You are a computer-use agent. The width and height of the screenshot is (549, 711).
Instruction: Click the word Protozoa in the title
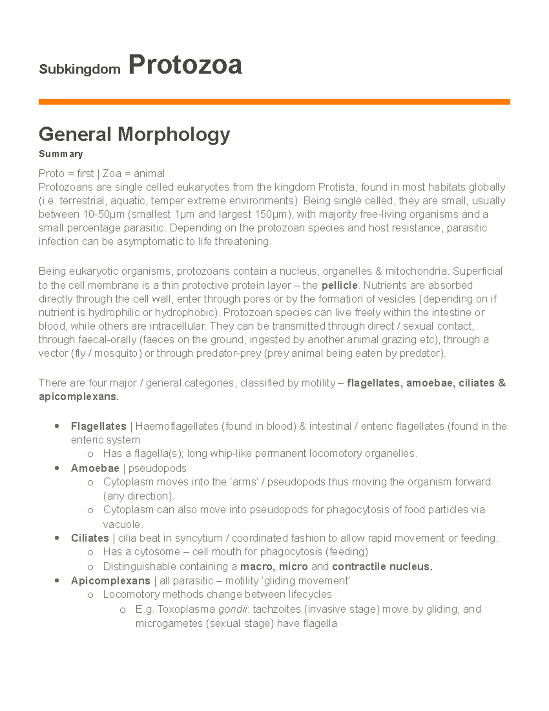point(185,65)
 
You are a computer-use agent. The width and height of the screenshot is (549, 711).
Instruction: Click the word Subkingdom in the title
point(80,69)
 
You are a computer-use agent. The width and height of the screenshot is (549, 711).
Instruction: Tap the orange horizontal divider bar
point(274,102)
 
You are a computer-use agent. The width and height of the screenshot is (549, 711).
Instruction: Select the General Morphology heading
point(134,134)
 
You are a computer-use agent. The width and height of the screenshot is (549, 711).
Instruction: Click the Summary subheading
point(60,154)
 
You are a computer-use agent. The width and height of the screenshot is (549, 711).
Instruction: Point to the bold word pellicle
point(339,286)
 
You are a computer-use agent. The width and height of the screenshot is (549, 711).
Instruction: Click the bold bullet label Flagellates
point(98,426)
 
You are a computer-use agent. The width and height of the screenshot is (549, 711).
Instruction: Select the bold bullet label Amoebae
point(95,468)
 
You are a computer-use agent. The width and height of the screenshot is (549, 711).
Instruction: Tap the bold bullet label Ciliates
point(90,538)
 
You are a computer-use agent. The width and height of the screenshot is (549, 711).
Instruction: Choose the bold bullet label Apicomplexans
point(110,581)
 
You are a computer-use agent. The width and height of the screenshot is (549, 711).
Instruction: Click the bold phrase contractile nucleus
point(382,566)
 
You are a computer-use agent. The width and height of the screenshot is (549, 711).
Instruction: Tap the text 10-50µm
point(104,214)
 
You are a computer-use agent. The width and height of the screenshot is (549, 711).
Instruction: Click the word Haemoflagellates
point(177,426)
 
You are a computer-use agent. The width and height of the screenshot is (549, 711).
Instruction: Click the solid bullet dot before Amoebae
point(57,468)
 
